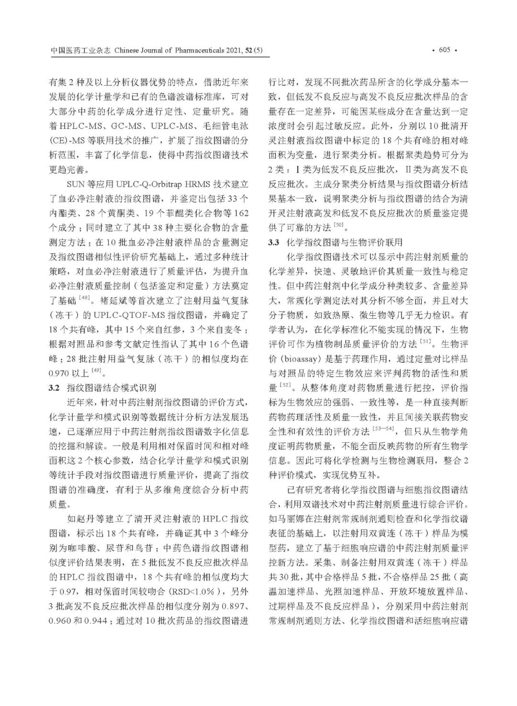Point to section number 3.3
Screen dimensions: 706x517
point(273,242)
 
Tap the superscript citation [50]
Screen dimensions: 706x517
point(338,224)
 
